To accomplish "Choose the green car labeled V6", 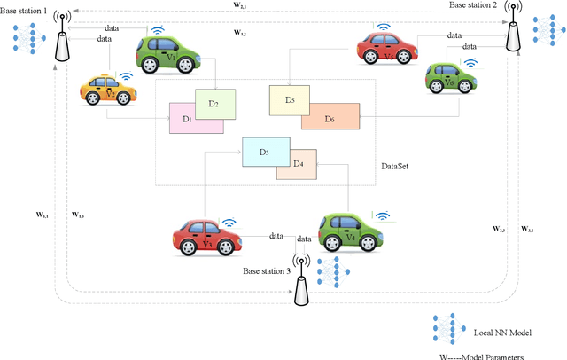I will click(x=450, y=77).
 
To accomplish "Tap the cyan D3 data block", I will click(x=264, y=153).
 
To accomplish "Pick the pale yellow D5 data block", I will click(x=289, y=98).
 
